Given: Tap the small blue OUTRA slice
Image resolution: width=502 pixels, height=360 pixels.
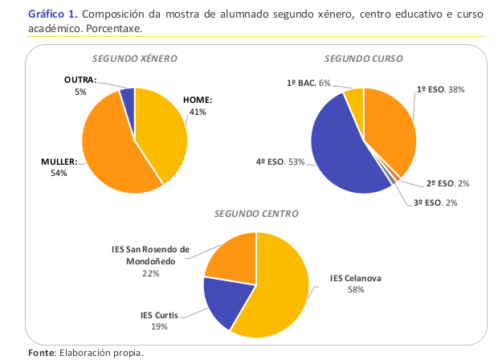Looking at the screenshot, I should [127, 97].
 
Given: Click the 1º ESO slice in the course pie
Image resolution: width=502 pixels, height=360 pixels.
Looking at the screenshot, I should [389, 129].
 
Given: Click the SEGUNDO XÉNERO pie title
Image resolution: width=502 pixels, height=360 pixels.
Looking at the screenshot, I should [134, 59].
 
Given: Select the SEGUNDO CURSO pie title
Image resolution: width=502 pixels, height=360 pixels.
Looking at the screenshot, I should [363, 59].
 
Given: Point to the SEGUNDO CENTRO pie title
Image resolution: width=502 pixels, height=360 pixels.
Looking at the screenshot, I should [256, 214].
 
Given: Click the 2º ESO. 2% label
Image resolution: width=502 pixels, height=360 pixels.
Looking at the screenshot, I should [447, 183].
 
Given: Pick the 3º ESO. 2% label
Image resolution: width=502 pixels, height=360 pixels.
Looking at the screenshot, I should [435, 202].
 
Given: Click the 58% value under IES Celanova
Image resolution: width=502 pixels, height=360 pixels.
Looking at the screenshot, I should [356, 289].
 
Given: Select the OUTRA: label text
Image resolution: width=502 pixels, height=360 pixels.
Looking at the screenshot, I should [80, 80].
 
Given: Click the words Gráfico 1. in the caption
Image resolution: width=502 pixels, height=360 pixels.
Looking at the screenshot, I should [51, 15].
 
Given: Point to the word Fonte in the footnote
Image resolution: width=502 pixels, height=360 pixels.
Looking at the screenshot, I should [40, 353].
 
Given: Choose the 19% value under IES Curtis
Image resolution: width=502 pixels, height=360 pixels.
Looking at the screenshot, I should [161, 325].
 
